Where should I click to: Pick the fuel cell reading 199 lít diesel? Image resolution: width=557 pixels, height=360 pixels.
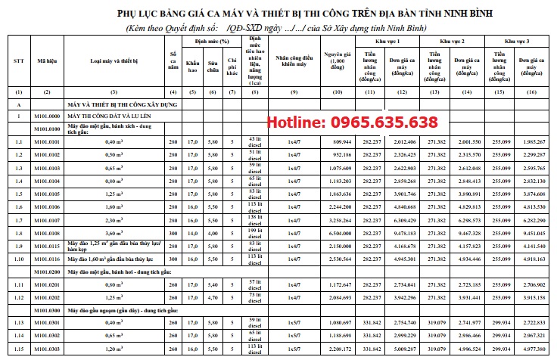point(255,234)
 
